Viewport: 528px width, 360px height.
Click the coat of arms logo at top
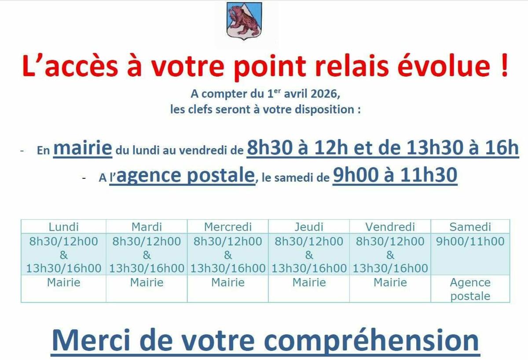(244, 21)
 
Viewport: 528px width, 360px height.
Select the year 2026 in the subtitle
(325, 94)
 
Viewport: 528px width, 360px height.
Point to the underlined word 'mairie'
(83, 147)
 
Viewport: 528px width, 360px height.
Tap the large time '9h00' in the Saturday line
(356, 175)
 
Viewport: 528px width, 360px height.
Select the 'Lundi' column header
(64, 227)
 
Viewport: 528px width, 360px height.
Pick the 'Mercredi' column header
(228, 227)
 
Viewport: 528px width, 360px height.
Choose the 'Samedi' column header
(470, 227)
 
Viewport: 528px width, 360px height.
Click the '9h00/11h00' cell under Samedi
(470, 242)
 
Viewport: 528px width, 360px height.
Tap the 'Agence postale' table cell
(470, 289)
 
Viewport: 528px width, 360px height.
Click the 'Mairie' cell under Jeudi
(309, 283)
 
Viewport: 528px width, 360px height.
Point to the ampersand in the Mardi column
(147, 255)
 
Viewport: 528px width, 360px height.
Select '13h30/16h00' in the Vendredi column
(390, 268)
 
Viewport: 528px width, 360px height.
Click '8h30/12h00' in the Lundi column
(64, 242)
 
